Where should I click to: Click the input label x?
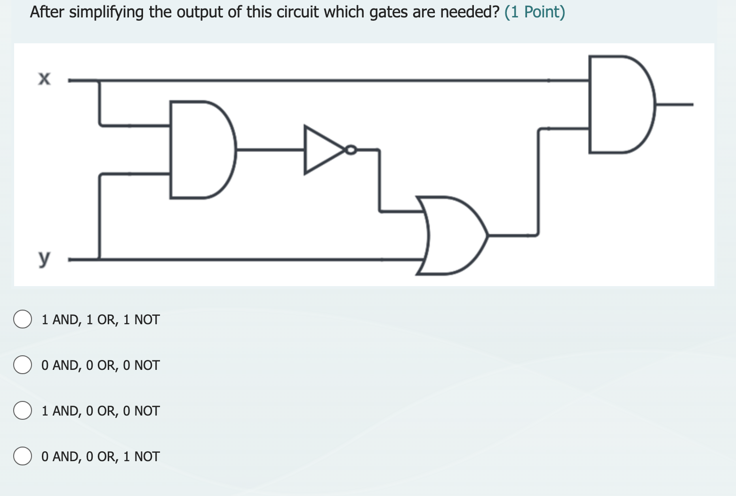click(44, 79)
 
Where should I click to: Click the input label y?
click(44, 257)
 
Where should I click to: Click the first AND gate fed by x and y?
click(200, 150)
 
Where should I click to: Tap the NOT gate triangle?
click(322, 150)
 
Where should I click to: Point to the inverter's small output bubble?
click(351, 150)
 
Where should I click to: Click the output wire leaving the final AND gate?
click(675, 104)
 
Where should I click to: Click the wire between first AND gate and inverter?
click(271, 150)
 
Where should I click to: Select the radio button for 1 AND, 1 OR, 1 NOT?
click(22, 320)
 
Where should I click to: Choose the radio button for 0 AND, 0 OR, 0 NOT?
click(22, 365)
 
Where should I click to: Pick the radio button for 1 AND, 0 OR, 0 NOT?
click(22, 411)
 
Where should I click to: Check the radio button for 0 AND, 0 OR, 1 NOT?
click(22, 456)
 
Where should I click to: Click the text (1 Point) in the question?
click(535, 12)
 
